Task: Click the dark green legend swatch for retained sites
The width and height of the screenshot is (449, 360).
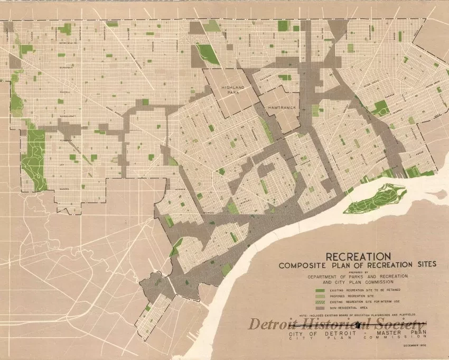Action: (319, 290)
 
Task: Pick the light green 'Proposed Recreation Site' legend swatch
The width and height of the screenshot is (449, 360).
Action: (319, 296)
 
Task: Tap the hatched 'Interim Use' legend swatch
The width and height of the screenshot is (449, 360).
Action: (319, 301)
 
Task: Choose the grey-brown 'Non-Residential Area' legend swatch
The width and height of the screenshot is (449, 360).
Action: (319, 307)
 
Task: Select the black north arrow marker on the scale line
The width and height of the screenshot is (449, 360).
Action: (359, 325)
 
